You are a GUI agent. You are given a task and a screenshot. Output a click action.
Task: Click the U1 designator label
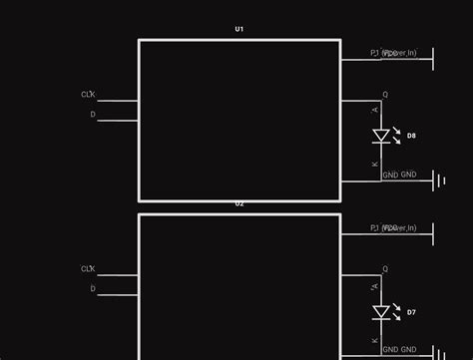point(238,29)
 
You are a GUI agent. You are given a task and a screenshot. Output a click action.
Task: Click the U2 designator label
point(238,204)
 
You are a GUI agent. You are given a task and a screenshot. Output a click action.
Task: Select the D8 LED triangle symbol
point(380,136)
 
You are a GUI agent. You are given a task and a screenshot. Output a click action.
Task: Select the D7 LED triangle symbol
point(380,312)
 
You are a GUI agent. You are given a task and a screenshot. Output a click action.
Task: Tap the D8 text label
point(411,136)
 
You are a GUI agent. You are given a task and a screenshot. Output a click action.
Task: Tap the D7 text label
point(411,312)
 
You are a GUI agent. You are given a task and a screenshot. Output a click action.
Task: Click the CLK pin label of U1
point(88,95)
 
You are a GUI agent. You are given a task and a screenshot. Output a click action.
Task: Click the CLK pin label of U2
point(88,269)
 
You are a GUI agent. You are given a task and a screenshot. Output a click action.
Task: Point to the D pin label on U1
point(93,115)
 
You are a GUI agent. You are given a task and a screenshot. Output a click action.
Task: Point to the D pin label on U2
point(93,289)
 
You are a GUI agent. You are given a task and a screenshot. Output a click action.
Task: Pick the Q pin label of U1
point(385,95)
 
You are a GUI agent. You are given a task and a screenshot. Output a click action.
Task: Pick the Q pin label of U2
point(385,269)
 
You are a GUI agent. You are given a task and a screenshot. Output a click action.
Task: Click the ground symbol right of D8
point(438,180)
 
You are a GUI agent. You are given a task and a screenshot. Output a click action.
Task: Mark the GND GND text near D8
point(399,175)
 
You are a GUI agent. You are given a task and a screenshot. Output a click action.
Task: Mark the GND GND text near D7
point(399,350)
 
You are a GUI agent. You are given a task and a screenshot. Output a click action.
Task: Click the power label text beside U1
point(393,53)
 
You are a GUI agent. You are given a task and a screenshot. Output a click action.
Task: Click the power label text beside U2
point(393,228)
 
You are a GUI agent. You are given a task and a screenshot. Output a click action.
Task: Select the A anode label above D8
point(375,110)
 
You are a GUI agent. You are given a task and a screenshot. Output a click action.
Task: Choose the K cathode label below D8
point(375,164)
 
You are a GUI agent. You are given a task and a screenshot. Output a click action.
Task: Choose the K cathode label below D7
point(375,340)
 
